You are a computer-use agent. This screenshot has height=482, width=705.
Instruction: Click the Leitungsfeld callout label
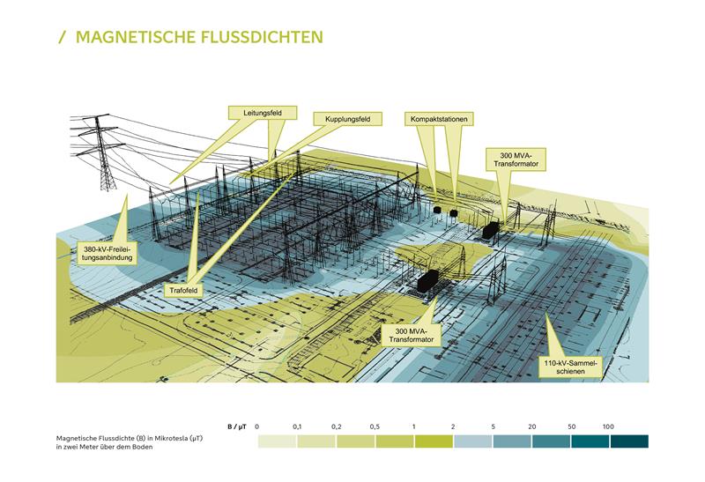(x=263, y=113)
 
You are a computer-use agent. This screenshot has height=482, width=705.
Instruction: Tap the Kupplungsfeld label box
(x=347, y=119)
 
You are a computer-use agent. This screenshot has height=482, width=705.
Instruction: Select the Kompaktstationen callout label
(x=439, y=119)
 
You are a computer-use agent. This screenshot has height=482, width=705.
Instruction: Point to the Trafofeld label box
(x=183, y=291)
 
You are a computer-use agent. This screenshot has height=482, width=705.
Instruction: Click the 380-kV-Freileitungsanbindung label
(x=107, y=253)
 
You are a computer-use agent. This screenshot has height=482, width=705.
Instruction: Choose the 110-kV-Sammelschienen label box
(x=570, y=367)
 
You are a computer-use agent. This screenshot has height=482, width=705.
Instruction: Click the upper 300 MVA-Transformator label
(x=516, y=159)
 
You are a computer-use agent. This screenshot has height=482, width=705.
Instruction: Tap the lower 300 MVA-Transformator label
(x=411, y=335)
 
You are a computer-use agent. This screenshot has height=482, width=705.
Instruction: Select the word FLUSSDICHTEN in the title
(x=262, y=37)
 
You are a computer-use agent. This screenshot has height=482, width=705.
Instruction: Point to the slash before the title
(x=62, y=37)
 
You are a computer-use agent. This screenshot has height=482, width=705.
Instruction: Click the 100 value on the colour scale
(x=608, y=426)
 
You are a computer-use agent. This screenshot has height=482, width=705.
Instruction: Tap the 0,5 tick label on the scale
(x=375, y=426)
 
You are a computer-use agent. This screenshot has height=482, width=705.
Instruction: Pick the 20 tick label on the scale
(x=532, y=426)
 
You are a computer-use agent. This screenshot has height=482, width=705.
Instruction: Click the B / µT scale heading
(x=237, y=426)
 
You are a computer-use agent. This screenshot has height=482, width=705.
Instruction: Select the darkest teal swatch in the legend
(x=629, y=441)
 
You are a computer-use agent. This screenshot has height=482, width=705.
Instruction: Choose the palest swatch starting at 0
(x=277, y=441)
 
